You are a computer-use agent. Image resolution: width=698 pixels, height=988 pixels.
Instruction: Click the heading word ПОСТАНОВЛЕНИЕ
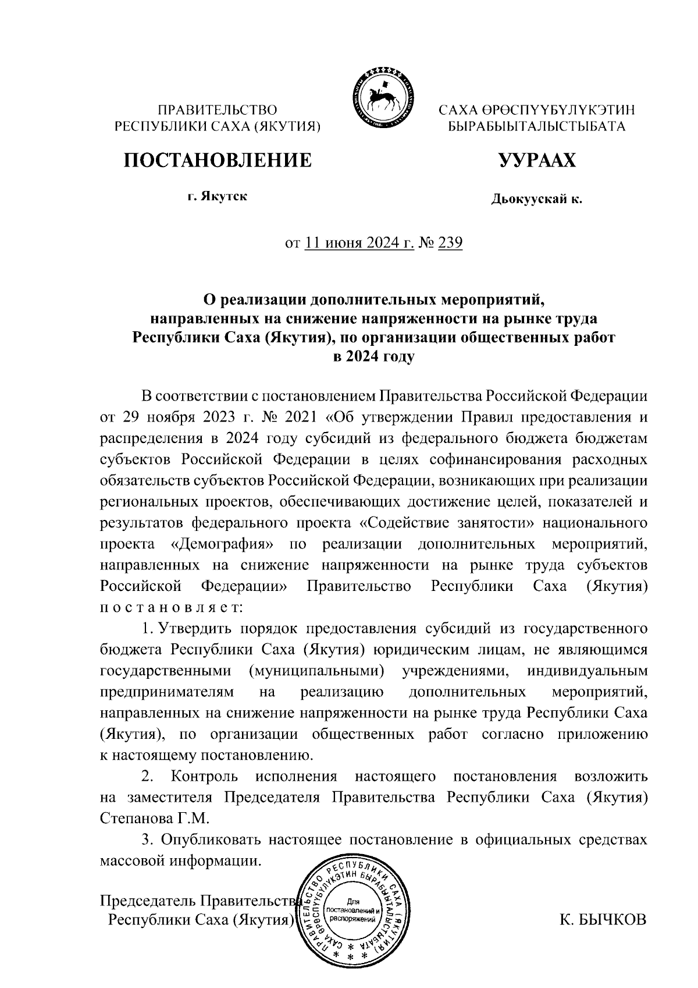[217, 160]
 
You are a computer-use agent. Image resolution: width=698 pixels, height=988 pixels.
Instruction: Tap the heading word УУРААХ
[536, 160]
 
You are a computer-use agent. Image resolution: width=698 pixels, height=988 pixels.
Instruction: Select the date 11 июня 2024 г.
[359, 242]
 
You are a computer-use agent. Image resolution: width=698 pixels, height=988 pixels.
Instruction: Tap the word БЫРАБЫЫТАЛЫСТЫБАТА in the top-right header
[536, 126]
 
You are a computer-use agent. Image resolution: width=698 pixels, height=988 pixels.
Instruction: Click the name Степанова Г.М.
[154, 818]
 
